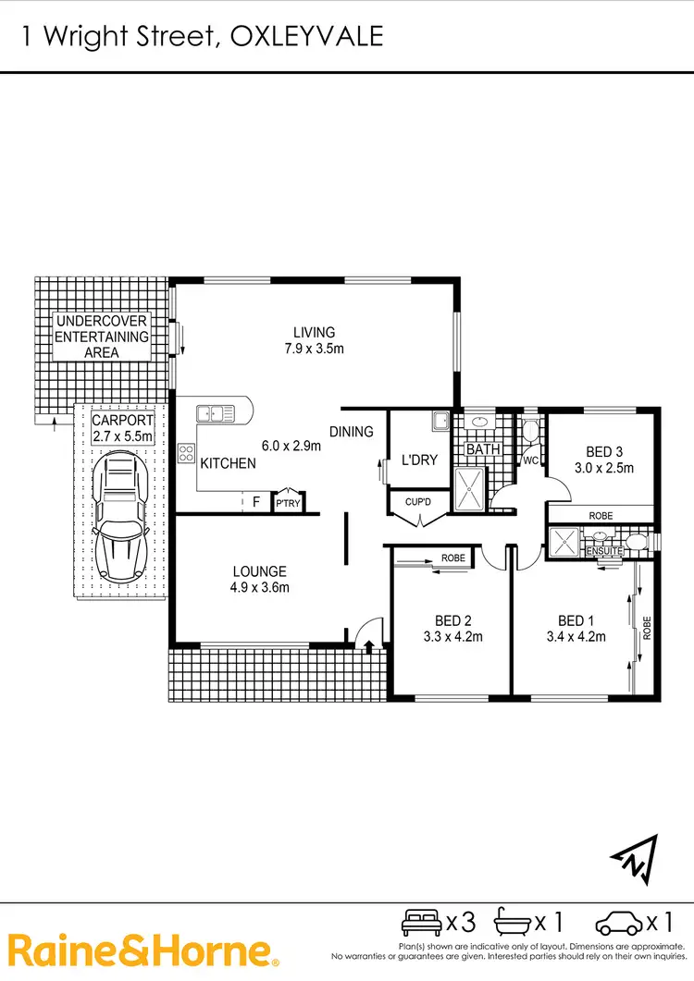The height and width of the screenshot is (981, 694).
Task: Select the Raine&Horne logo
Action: point(143,950)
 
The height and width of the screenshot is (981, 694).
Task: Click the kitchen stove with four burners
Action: point(186,453)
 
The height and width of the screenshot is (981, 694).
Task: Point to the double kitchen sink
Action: point(214,414)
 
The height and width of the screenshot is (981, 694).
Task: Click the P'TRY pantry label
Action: point(287,504)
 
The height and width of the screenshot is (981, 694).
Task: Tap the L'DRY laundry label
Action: point(419,460)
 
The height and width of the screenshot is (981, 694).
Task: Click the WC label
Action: point(531,460)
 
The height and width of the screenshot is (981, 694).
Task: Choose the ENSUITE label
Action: point(604,551)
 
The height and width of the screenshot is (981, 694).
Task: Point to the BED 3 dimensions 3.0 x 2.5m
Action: point(609,468)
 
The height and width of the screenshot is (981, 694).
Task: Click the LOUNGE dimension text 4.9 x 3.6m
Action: point(260,587)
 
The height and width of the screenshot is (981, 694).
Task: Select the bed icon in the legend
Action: point(421,922)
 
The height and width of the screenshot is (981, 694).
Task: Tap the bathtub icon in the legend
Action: point(514,922)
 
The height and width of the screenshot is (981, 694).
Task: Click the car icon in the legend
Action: point(617,922)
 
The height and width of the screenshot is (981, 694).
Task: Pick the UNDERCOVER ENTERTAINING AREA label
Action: point(102,337)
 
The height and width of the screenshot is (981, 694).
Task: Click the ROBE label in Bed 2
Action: point(452,558)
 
